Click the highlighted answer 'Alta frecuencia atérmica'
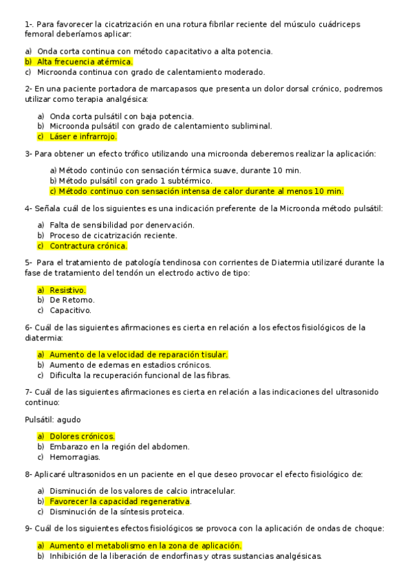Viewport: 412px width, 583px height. tap(85, 61)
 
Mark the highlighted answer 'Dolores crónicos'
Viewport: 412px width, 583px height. tap(82, 436)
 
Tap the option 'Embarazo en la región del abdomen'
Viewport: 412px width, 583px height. tap(119, 446)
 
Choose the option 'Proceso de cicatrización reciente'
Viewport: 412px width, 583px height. tap(113, 235)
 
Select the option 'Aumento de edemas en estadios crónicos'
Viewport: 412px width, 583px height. tap(129, 365)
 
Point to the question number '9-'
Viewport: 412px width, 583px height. tap(29, 528)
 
